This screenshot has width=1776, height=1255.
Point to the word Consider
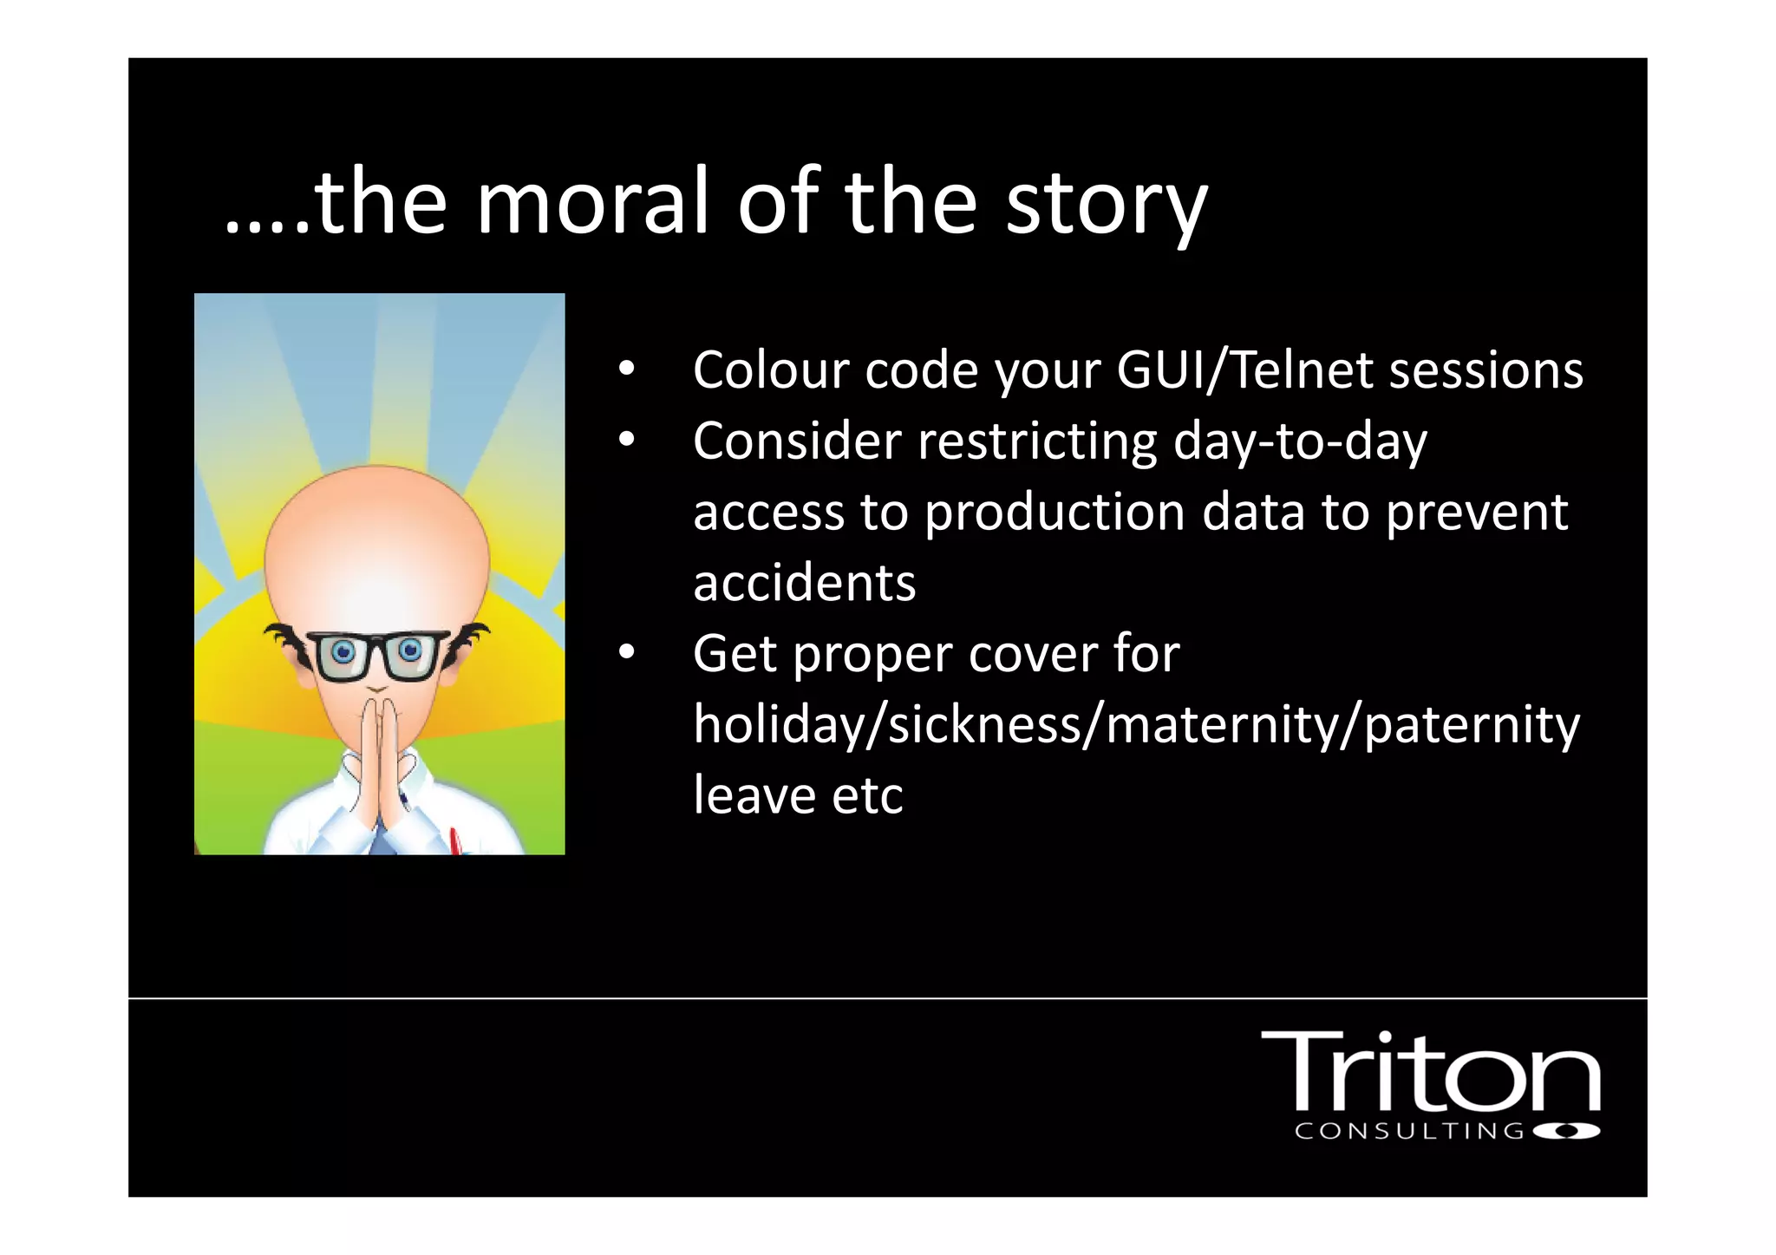click(796, 441)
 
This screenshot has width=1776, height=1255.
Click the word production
click(1054, 513)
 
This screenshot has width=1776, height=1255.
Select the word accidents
click(804, 582)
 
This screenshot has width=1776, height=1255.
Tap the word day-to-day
click(1299, 442)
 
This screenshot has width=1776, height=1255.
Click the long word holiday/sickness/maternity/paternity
click(1136, 725)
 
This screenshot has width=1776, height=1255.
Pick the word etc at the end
click(867, 795)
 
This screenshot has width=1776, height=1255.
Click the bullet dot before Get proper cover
click(626, 652)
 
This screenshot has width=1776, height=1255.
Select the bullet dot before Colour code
click(626, 369)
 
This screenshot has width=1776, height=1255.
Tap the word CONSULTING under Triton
click(1408, 1131)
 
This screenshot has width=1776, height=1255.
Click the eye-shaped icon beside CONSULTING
click(1566, 1131)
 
